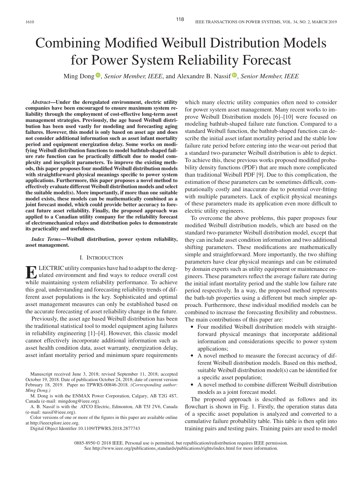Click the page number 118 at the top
tap(180, 19)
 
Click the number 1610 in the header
tap(30, 22)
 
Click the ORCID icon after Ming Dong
tap(98, 76)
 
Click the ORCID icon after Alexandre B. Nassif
tap(234, 76)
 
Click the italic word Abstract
tap(41, 102)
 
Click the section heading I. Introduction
tap(101, 258)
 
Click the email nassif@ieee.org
tap(62, 412)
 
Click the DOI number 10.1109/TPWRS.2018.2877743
tap(109, 429)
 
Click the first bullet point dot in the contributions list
tap(192, 327)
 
